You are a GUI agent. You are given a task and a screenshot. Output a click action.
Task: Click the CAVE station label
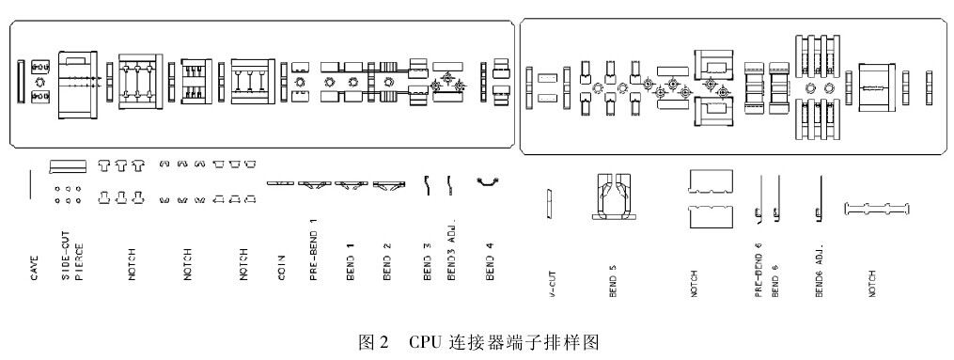coord(35,268)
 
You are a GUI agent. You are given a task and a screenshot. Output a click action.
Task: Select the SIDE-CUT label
coord(67,256)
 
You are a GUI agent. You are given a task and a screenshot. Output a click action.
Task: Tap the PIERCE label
coord(79,262)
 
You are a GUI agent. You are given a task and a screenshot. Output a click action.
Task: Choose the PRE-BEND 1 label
coord(313,250)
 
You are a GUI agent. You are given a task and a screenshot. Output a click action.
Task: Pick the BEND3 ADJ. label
coord(451,250)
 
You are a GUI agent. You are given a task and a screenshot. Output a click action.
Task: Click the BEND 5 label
coord(613,282)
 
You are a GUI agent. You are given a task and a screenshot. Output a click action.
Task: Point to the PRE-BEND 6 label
coord(759,269)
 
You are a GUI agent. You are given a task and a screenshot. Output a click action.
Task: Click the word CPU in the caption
coord(424,342)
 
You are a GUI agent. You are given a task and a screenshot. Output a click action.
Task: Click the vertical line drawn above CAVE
coord(30,185)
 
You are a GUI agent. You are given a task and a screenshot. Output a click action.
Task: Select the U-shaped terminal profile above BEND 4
coord(489,181)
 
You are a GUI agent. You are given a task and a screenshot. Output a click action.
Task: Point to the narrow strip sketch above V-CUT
coord(550,202)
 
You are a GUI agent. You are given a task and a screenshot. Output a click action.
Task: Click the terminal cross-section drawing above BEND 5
coord(614,196)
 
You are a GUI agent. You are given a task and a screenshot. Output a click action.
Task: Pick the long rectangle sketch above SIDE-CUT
coord(67,166)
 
